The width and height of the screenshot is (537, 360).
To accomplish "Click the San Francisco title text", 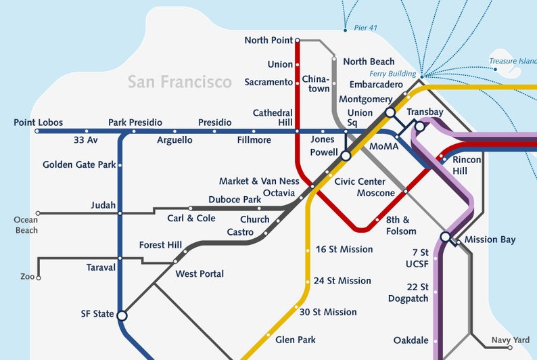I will [180, 83].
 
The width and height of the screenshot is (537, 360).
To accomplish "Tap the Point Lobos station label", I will [39, 122].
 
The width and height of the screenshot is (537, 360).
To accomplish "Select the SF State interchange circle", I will [122, 315].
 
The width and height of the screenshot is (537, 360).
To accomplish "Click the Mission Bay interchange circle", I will [446, 237].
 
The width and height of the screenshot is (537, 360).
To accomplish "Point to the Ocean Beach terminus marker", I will [38, 213].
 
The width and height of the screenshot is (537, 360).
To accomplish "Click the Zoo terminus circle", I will [39, 277].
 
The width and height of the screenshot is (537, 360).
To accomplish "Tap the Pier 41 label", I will [365, 28].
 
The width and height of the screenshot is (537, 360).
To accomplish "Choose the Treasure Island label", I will [513, 62].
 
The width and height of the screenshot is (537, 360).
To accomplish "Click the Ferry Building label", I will [393, 73].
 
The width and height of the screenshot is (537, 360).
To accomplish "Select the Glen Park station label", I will [296, 340].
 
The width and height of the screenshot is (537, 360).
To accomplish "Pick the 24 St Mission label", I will [343, 281].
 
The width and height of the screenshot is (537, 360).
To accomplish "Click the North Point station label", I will [268, 41].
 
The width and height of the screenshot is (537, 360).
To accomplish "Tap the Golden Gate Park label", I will [79, 164].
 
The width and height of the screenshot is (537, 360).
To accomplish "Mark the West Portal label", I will [200, 274].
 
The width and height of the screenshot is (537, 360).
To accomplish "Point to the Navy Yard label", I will [511, 340].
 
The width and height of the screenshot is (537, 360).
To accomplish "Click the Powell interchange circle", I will [346, 156].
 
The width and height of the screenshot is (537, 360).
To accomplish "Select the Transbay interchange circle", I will [419, 127].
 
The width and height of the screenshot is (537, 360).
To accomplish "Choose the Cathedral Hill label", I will [273, 117].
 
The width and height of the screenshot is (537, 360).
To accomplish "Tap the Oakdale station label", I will [411, 340].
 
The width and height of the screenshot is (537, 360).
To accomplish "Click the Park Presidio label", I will [135, 122].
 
